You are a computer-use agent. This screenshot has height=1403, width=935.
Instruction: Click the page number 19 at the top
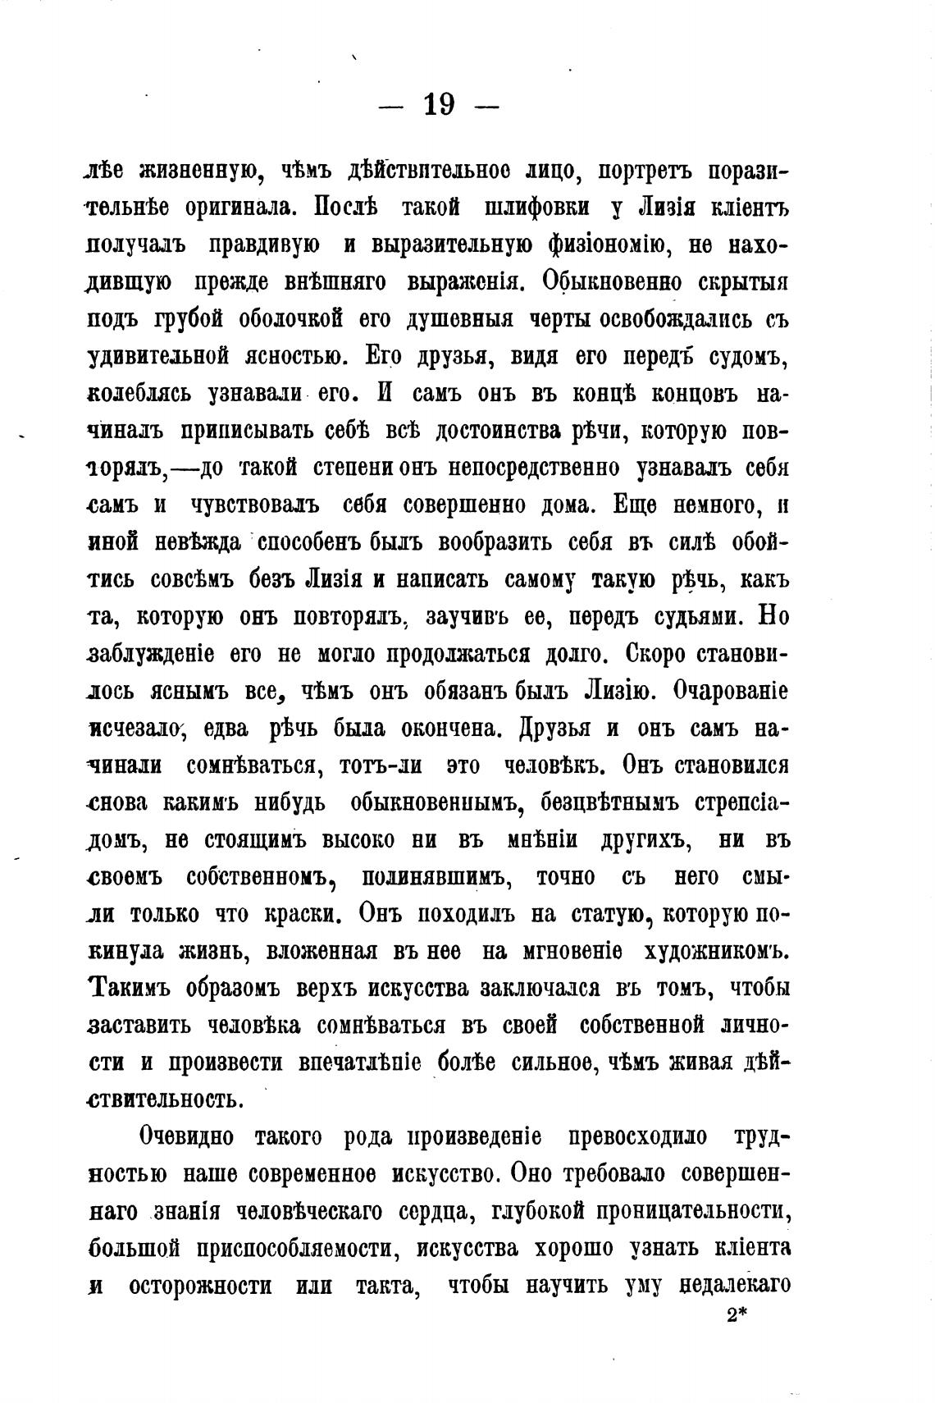click(440, 105)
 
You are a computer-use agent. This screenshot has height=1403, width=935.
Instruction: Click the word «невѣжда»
click(196, 542)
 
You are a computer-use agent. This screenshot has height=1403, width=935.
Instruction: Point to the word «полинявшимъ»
click(438, 877)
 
